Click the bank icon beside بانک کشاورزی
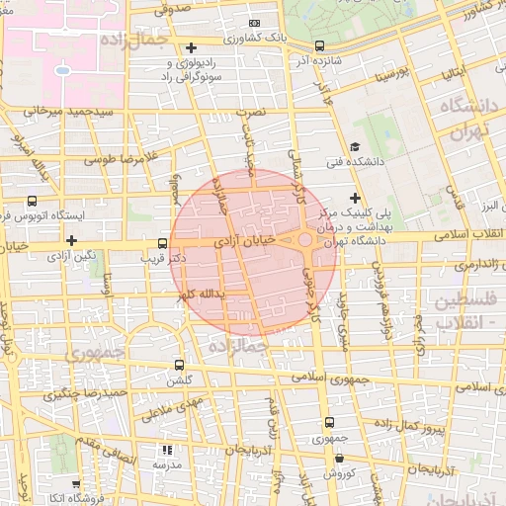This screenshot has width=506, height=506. click(255, 23)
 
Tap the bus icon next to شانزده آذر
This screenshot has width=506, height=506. click(319, 45)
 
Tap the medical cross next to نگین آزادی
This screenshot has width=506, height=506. click(71, 240)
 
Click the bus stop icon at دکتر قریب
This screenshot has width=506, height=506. click(163, 243)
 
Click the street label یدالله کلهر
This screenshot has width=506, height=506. click(201, 295)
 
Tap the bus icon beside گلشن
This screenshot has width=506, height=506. click(179, 364)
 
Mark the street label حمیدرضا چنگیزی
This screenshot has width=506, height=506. click(85, 392)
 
